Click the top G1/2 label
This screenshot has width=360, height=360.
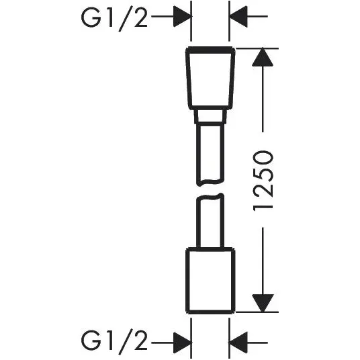(x=114, y=19)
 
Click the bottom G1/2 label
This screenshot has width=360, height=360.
(x=114, y=342)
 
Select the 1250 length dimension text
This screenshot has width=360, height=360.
(x=263, y=181)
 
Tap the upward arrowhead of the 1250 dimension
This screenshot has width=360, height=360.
(x=263, y=57)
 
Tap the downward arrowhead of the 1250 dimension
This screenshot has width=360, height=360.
(x=263, y=303)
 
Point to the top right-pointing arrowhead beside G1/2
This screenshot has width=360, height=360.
(x=183, y=17)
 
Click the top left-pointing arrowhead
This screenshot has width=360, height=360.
(x=238, y=17)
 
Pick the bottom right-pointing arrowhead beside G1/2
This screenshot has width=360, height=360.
(x=183, y=343)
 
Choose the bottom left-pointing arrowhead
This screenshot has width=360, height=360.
(x=238, y=343)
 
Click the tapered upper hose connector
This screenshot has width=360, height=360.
(x=210, y=78)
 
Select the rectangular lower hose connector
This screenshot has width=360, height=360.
(x=210, y=281)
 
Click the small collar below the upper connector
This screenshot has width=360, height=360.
(x=210, y=117)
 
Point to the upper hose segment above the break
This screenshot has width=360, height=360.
(x=210, y=154)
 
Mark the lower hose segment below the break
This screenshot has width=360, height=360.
(x=210, y=221)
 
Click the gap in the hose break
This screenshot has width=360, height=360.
(x=210, y=189)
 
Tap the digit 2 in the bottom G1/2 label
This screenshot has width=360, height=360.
(x=140, y=341)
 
